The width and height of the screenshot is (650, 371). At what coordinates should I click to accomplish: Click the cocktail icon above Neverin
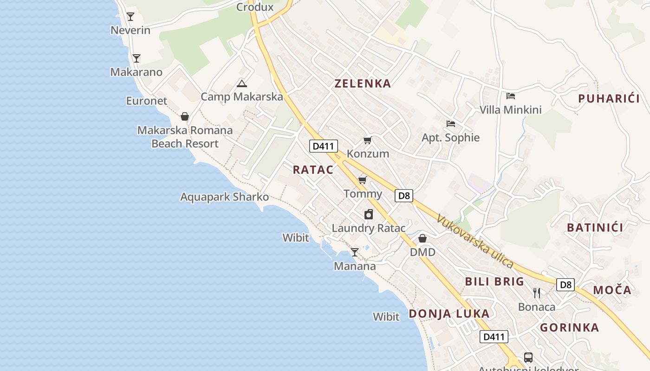[x=130, y=17]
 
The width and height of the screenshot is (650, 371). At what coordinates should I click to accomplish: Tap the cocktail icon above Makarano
[x=136, y=58]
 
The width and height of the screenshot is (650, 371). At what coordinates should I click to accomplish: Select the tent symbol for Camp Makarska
[x=241, y=84]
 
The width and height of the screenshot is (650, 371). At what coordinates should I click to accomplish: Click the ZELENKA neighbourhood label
[x=363, y=83]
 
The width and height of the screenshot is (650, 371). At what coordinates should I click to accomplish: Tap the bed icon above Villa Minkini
[x=511, y=96]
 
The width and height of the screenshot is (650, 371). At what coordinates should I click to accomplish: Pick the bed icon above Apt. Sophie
[x=450, y=124]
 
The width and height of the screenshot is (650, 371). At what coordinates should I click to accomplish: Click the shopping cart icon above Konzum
[x=368, y=140]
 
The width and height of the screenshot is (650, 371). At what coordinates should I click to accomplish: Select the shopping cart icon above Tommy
[x=363, y=180]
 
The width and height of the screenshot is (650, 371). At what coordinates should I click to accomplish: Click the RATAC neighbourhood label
[x=313, y=170]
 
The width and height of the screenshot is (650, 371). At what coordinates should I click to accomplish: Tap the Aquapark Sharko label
[x=224, y=197]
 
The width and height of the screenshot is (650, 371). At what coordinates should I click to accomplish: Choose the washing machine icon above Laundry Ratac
[x=369, y=214]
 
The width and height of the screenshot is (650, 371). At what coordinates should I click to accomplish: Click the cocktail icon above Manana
[x=355, y=252]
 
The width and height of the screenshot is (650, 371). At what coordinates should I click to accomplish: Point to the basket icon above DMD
[x=422, y=238]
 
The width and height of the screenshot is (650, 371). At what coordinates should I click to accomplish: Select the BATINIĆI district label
[x=595, y=227]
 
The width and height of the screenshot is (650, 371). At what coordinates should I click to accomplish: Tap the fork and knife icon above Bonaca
[x=537, y=293]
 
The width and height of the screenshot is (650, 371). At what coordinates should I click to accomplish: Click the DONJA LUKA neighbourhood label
[x=449, y=313]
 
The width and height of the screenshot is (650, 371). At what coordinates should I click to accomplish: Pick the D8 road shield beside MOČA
[x=565, y=285]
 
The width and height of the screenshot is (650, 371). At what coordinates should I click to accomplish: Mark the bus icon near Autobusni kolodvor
[x=528, y=357]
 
